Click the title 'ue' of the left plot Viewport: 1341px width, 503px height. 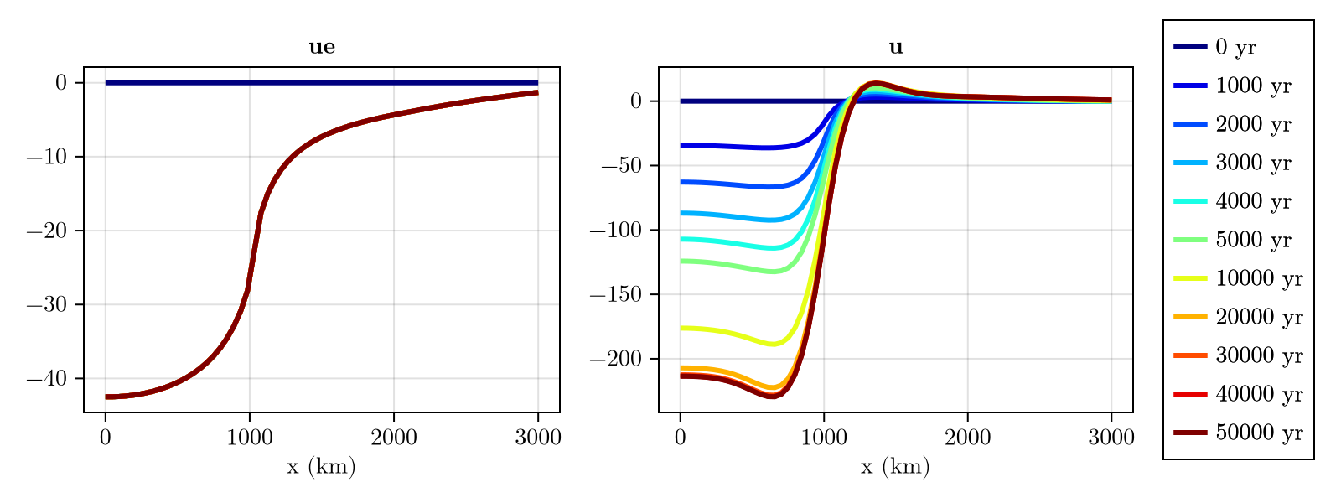coord(322,48)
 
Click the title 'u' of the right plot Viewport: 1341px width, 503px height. coord(896,48)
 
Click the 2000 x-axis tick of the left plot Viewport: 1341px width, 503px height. coord(393,437)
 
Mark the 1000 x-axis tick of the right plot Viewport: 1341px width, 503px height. coord(823,437)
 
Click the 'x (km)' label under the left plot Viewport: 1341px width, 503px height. coord(321,467)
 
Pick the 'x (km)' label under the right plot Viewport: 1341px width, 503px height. coord(895,467)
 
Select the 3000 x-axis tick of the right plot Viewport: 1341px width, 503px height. coord(1111,437)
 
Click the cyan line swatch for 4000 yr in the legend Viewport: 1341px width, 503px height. coord(1190,202)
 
